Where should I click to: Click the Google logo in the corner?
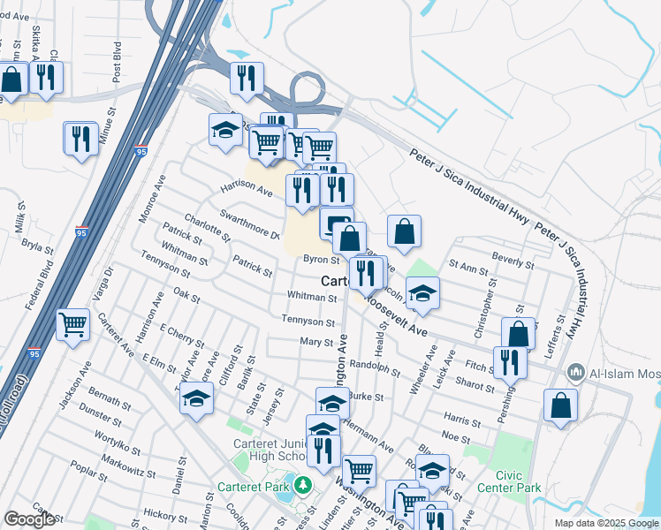click(x=29, y=519)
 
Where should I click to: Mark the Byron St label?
click(x=322, y=260)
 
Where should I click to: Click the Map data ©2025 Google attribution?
click(x=605, y=523)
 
